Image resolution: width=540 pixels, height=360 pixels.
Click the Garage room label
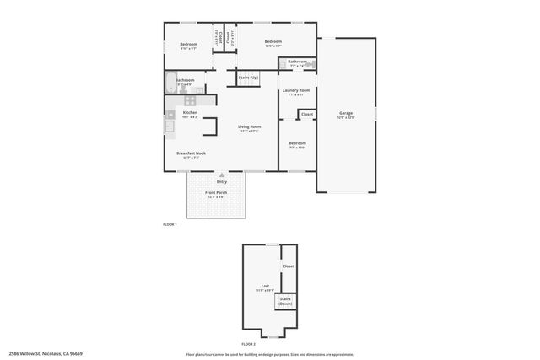[x=346, y=114]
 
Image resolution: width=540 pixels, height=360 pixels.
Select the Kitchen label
[x=190, y=114]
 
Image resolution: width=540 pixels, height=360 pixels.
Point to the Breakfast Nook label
[x=191, y=154]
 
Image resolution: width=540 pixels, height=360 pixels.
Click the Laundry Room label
[x=295, y=91]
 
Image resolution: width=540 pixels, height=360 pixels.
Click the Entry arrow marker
[x=222, y=175]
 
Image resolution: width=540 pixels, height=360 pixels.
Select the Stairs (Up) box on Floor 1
[x=248, y=78]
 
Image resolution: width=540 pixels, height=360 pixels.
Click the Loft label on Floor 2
[x=265, y=287]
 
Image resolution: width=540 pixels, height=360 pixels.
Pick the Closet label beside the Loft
[x=288, y=266]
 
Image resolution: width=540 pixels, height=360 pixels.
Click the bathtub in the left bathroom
[x=170, y=83]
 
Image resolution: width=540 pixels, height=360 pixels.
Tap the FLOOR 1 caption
[x=170, y=224]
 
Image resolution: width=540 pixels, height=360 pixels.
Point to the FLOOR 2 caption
[x=248, y=344]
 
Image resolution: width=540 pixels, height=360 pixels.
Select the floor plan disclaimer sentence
[x=270, y=354]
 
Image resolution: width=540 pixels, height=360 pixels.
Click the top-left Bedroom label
[x=188, y=45]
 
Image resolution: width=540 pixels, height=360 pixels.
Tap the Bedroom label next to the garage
[x=296, y=144]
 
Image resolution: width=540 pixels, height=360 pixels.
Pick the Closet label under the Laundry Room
[x=306, y=114]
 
